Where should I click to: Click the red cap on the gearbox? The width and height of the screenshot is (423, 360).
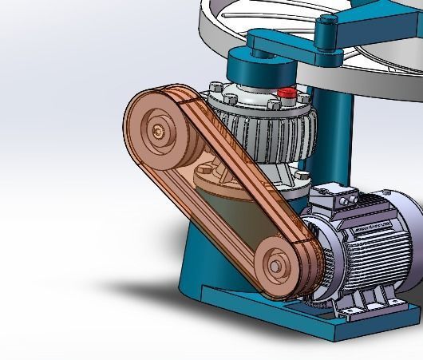point(286,93)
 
